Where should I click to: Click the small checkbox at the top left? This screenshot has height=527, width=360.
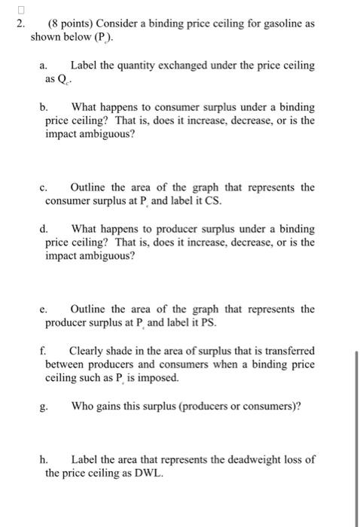(22, 8)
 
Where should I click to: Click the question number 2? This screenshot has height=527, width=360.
(22, 24)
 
